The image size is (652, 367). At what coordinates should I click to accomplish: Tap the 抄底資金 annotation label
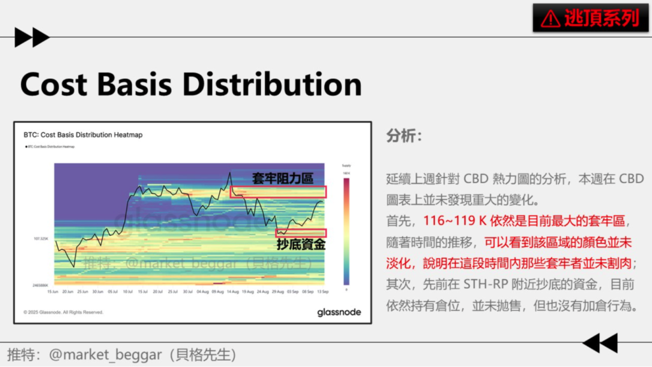coord(301,244)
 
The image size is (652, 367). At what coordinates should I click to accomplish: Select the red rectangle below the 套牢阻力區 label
coord(278,191)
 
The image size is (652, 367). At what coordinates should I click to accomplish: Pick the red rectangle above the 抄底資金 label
coord(301,233)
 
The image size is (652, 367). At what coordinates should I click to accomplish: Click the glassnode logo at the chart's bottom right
coord(339,312)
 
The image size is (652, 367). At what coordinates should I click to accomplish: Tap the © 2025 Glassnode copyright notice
coord(63,312)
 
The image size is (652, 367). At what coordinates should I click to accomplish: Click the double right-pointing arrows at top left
coord(31,38)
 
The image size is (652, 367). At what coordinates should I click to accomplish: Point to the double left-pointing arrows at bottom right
coord(600,343)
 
